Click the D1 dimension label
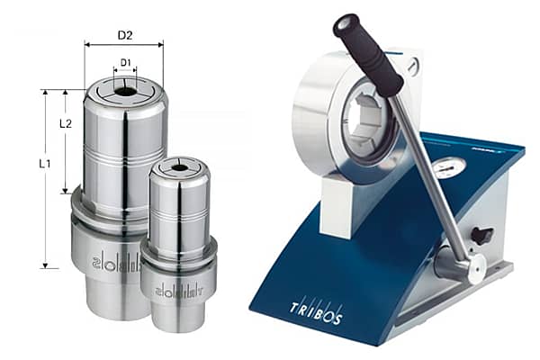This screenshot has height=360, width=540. [125, 63]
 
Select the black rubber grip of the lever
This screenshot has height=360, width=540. [367, 54]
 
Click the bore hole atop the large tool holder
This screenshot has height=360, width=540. [124, 90]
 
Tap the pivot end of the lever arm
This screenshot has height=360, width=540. [471, 266]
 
